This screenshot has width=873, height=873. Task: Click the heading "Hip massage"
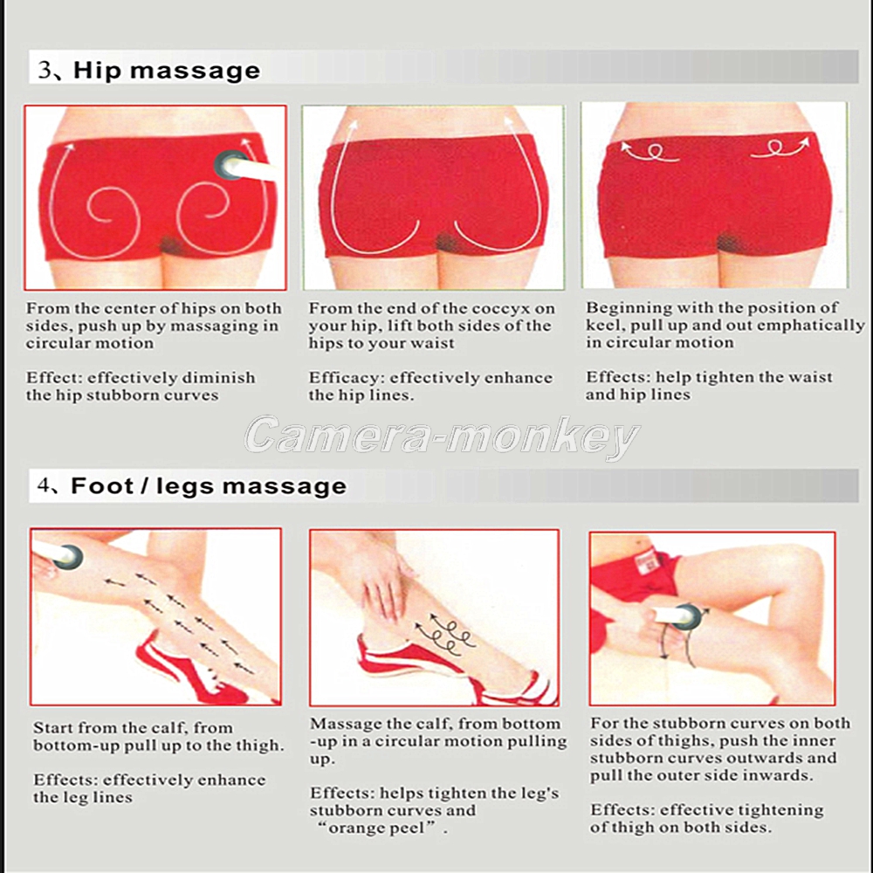click(x=167, y=71)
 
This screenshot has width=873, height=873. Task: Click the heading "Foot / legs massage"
click(x=209, y=486)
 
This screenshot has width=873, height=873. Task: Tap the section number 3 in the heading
click(x=44, y=70)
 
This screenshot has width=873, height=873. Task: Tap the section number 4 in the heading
click(x=44, y=485)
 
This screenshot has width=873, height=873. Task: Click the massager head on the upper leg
click(x=69, y=557)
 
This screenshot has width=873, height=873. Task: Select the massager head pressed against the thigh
click(x=687, y=616)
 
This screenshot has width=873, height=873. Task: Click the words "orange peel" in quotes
click(x=377, y=828)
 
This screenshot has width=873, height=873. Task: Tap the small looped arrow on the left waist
click(x=650, y=152)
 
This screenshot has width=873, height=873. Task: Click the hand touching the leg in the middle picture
click(x=384, y=590)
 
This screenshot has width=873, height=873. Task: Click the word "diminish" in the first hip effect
click(x=220, y=378)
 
